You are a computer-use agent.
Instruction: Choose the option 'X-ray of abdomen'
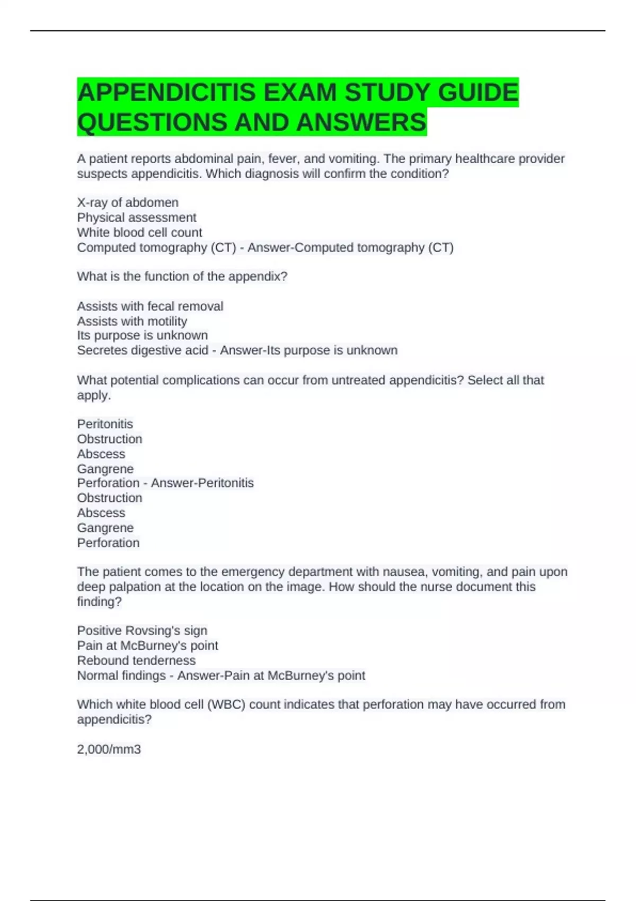point(128,202)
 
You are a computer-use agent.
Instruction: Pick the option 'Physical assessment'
point(137,217)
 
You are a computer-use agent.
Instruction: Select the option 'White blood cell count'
point(139,232)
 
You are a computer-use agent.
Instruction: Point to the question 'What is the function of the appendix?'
point(182,276)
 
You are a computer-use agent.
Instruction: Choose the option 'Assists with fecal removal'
point(150,306)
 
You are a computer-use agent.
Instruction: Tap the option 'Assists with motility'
point(132,321)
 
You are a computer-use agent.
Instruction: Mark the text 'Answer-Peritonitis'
point(202,483)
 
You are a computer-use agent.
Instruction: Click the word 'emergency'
point(249,572)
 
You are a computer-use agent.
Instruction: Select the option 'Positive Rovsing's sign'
point(142,630)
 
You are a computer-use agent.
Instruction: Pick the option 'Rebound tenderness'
point(136,660)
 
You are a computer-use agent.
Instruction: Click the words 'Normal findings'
point(121,675)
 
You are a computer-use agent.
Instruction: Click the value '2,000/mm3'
point(109,749)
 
